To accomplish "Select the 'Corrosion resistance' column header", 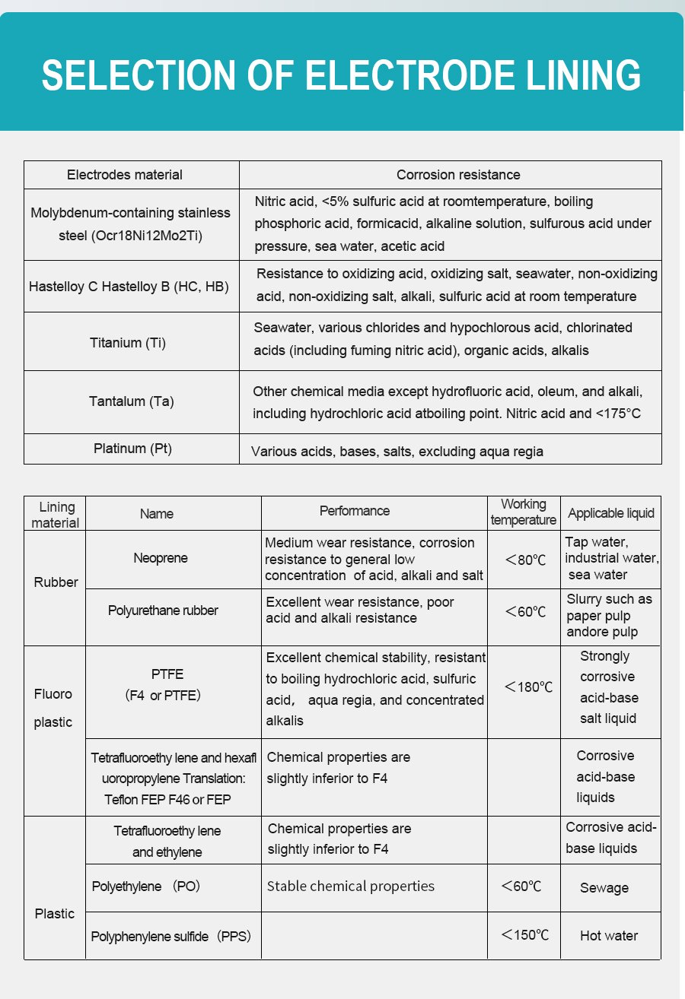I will point(458,175).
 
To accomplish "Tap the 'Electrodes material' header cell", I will point(125,175).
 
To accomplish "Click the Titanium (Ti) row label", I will point(128,342).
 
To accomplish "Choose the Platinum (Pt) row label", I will point(132,449).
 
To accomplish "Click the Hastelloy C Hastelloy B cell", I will point(129,287).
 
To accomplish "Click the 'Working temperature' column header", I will point(524,512).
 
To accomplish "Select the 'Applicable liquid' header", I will point(611,513).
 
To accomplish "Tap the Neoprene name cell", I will point(161,558).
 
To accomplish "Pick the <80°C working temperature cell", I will point(525,560).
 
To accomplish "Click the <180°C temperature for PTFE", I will point(528,687).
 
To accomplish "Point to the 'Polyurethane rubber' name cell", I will point(163,610).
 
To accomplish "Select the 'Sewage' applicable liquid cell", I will point(604,888).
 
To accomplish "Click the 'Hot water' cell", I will point(609,936).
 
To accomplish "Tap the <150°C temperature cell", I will point(524,935).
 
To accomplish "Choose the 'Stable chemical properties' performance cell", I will point(351,886).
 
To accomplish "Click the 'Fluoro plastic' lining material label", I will point(53,708).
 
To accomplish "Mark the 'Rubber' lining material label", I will point(56,582).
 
